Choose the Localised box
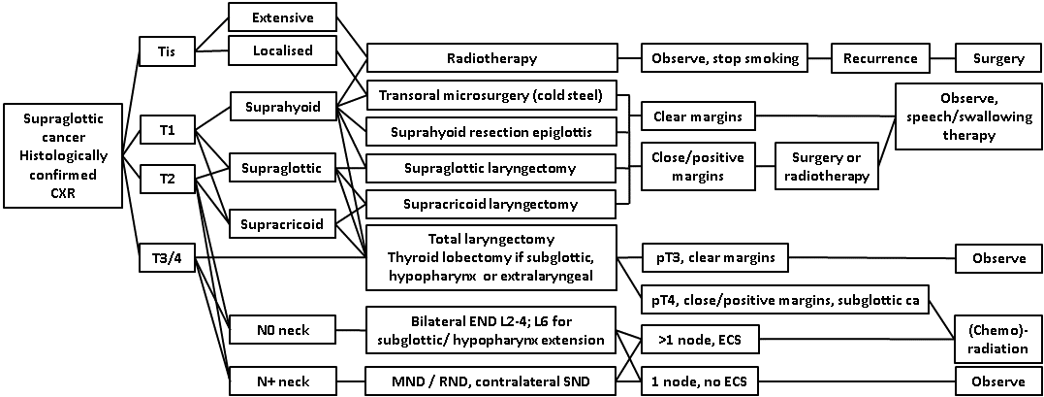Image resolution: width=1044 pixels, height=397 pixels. pyautogui.click(x=282, y=50)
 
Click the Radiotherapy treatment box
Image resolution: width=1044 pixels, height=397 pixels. pyautogui.click(x=491, y=58)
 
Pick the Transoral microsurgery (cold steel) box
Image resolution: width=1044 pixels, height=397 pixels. pyautogui.click(x=491, y=96)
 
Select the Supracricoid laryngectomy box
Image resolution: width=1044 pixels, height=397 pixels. pyautogui.click(x=491, y=204)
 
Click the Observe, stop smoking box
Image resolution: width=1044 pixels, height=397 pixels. pyautogui.click(x=724, y=58)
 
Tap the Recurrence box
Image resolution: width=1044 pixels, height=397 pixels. pyautogui.click(x=879, y=58)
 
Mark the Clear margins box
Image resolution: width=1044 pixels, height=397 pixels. pyautogui.click(x=698, y=116)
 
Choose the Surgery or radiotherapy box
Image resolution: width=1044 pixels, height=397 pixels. pyautogui.click(x=825, y=165)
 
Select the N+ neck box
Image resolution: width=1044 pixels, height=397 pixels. pyautogui.click(x=281, y=380)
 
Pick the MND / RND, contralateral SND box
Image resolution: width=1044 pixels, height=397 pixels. pyautogui.click(x=491, y=381)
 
